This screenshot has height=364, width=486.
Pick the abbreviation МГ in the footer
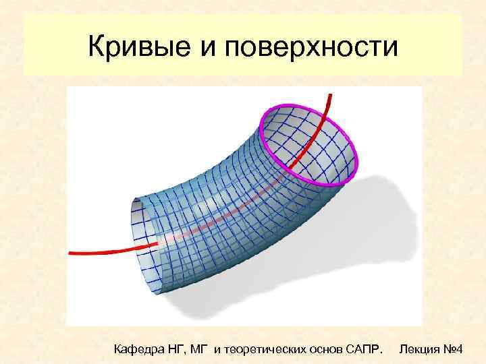(199, 348)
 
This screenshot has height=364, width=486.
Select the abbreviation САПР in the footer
(365, 348)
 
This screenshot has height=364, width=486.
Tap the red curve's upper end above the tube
(330, 98)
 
